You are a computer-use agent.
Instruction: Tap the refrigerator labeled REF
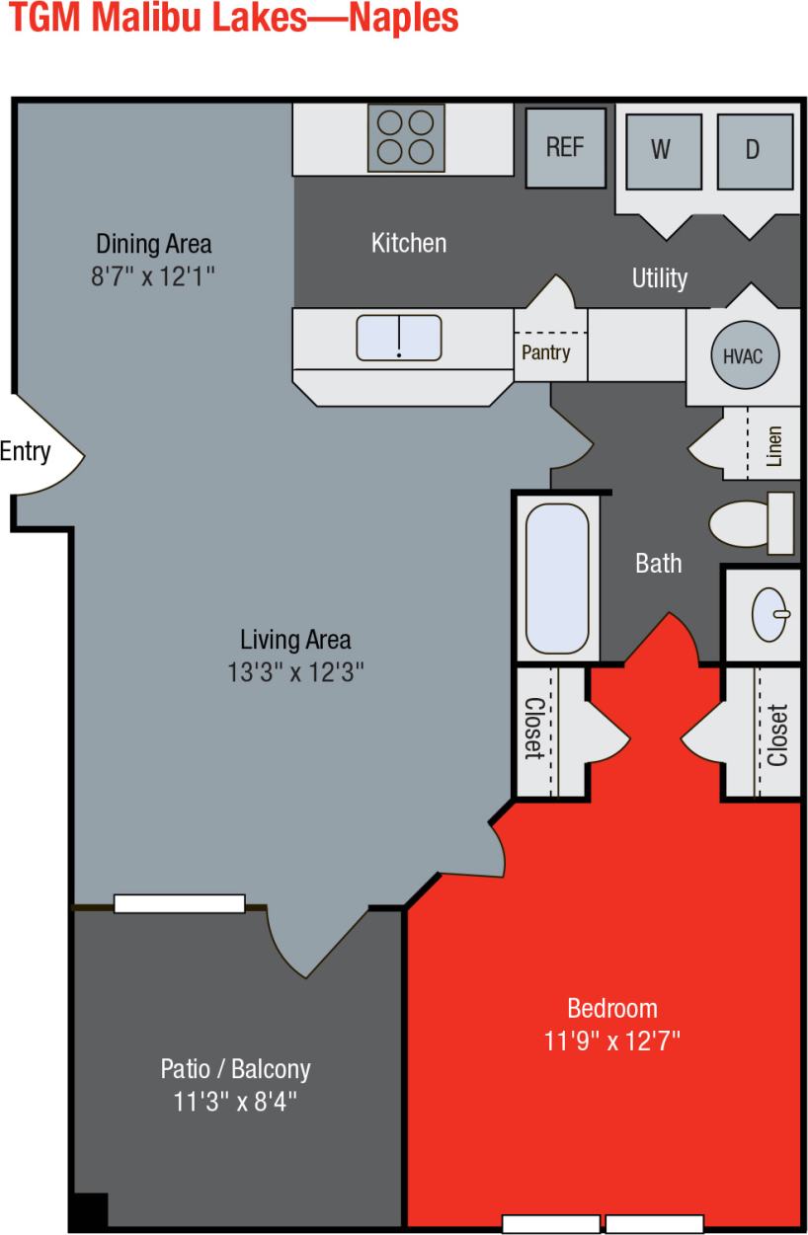pos(565,147)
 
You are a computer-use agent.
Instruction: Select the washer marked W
pos(661,150)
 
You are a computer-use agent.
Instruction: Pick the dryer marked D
pos(754,150)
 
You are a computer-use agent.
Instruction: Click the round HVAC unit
pos(744,356)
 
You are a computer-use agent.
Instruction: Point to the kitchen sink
pos(399,338)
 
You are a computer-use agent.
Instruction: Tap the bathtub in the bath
pos(557,579)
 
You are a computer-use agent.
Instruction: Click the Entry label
pos(25,452)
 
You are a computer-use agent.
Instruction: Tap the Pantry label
pos(545,352)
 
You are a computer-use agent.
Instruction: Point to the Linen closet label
pos(774,445)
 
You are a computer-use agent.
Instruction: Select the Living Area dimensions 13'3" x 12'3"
pos(295,672)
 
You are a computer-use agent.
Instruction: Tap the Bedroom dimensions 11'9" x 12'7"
pos(611,1041)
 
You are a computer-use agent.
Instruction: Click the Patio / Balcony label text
pos(235,1068)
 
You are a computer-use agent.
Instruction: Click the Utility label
pos(659,278)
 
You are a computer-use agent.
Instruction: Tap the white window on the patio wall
pos(179,903)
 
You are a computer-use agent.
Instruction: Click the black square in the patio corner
pos(88,1211)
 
